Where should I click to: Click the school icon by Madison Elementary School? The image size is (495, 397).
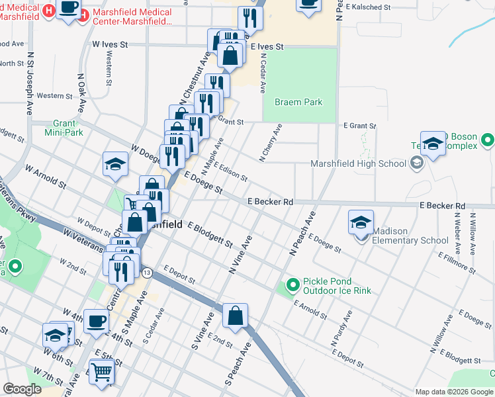click(x=361, y=223)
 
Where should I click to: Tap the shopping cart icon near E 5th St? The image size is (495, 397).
click(x=101, y=372)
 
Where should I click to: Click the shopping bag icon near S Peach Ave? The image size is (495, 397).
click(x=236, y=316)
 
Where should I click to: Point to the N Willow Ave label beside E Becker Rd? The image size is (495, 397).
click(x=472, y=233)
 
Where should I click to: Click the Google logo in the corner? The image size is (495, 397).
click(x=22, y=389)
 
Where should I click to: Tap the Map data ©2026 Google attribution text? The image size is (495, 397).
click(x=454, y=392)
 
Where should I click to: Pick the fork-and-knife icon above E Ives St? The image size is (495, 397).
click(x=249, y=18)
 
